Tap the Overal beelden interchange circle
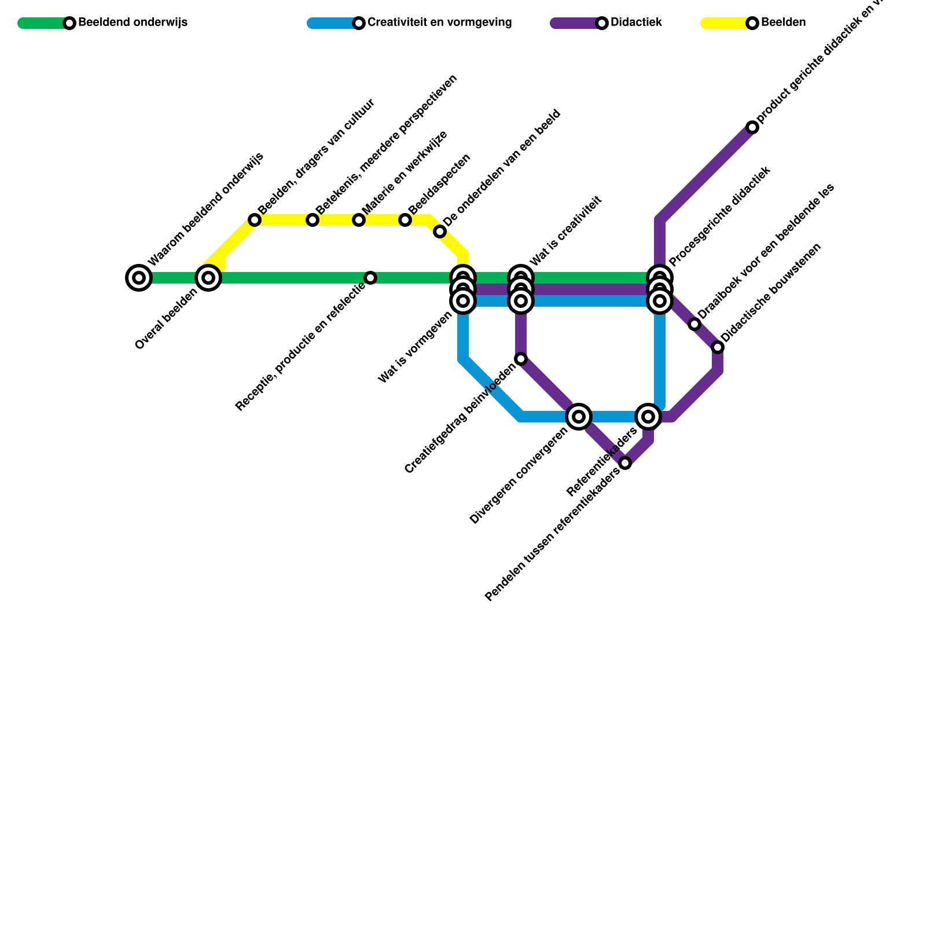(208, 278)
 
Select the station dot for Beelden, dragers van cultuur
(255, 220)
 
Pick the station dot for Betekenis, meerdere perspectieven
(313, 220)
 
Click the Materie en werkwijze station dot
(359, 220)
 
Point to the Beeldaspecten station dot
(405, 220)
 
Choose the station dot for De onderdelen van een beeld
(440, 231)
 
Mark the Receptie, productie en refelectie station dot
(370, 278)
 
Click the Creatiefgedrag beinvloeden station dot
(521, 359)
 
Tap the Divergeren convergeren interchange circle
(579, 417)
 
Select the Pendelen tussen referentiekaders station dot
(625, 463)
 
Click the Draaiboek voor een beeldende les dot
(694, 324)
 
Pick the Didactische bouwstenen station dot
(718, 347)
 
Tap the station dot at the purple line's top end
(752, 127)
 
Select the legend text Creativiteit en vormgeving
(439, 23)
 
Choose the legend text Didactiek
(636, 23)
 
